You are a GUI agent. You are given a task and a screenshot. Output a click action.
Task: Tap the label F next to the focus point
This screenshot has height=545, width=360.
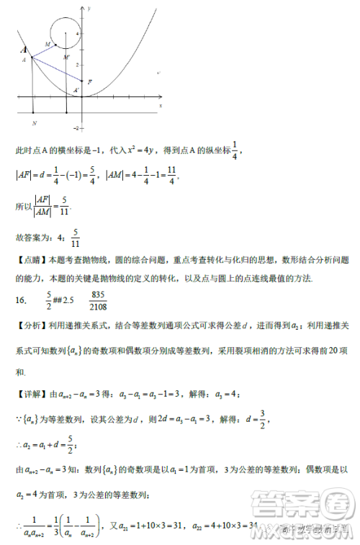[89, 82]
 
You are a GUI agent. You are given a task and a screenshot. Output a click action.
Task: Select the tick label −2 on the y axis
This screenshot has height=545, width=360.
[76, 127]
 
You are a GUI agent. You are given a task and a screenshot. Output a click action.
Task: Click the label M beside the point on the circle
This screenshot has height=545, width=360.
[48, 45]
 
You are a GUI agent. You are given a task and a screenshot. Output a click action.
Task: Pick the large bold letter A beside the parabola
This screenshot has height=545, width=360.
[24, 50]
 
